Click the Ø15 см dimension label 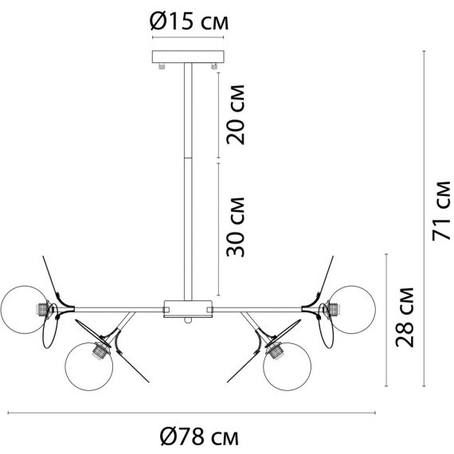[x=189, y=22]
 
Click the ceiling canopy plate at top [x=189, y=58]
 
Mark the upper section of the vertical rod [x=189, y=112]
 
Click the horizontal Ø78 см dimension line [x=191, y=413]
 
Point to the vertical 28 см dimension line [x=386, y=319]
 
